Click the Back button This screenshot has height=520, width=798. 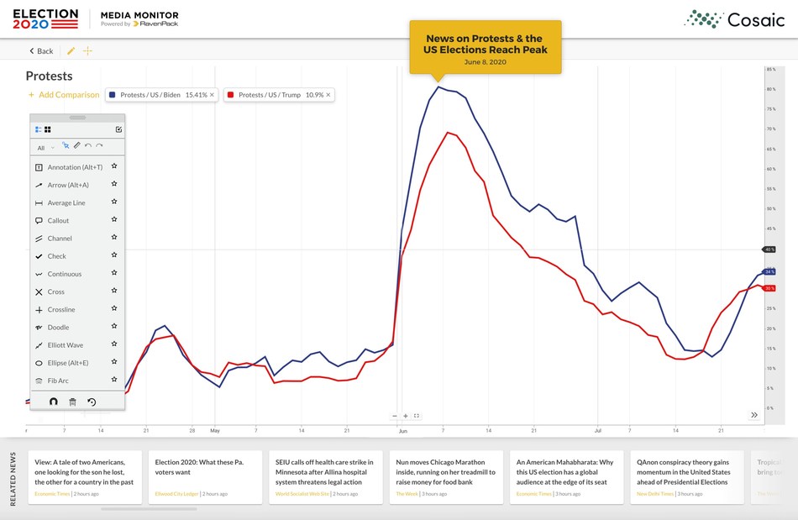41,51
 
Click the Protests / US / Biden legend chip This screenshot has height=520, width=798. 162,95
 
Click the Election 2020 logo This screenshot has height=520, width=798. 45,18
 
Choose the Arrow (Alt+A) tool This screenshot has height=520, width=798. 67,185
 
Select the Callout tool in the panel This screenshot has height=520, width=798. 58,221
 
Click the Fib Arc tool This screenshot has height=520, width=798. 57,381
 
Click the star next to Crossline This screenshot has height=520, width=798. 114,309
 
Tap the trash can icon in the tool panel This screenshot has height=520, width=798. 72,402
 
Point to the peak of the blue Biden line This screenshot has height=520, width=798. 438,87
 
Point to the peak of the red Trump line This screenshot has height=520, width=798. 448,132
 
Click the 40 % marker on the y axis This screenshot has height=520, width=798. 769,249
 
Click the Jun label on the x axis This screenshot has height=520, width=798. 402,431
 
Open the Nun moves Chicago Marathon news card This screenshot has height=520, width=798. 446,477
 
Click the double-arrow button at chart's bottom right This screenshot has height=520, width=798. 754,415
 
